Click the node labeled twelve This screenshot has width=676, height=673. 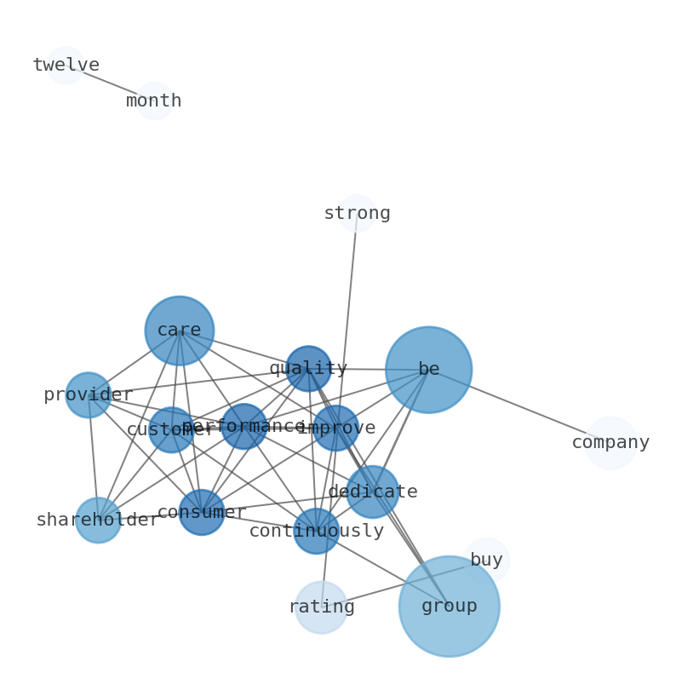tap(66, 66)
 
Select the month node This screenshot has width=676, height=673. tap(154, 101)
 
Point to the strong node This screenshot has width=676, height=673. tap(357, 213)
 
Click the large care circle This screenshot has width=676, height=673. tap(180, 331)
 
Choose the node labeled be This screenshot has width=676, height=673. tap(428, 370)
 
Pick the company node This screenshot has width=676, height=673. tap(610, 443)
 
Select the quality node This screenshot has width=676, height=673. tap(308, 369)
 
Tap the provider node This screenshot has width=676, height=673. tap(89, 395)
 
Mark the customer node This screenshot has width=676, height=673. tap(171, 429)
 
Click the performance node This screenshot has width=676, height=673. tap(244, 426)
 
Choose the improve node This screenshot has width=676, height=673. tap(336, 428)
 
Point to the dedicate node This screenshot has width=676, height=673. tap(372, 492)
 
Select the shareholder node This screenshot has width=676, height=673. tap(99, 520)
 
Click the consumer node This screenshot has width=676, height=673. tap(202, 512)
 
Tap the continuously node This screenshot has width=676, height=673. tap(317, 531)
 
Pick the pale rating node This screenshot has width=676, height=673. tap(321, 607)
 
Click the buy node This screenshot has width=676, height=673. tap(486, 561)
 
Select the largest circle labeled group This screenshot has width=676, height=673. tap(449, 607)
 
